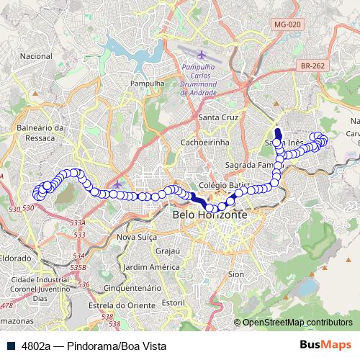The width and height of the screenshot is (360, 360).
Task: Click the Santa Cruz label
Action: (217, 117)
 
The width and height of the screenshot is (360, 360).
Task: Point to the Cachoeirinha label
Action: (204, 142)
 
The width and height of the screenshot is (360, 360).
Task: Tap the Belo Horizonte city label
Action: (210, 215)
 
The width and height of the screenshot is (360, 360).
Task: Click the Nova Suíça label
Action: (136, 237)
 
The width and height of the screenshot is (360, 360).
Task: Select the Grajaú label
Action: (167, 251)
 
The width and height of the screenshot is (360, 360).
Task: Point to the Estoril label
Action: (174, 304)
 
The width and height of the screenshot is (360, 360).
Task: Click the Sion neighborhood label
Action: (235, 274)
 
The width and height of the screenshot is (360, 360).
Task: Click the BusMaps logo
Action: (326, 345)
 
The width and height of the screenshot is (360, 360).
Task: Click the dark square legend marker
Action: (12, 346)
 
